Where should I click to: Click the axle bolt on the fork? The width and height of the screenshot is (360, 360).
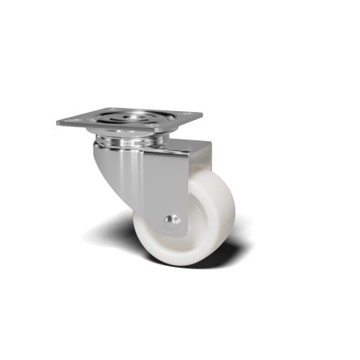pyautogui.click(x=169, y=218)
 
